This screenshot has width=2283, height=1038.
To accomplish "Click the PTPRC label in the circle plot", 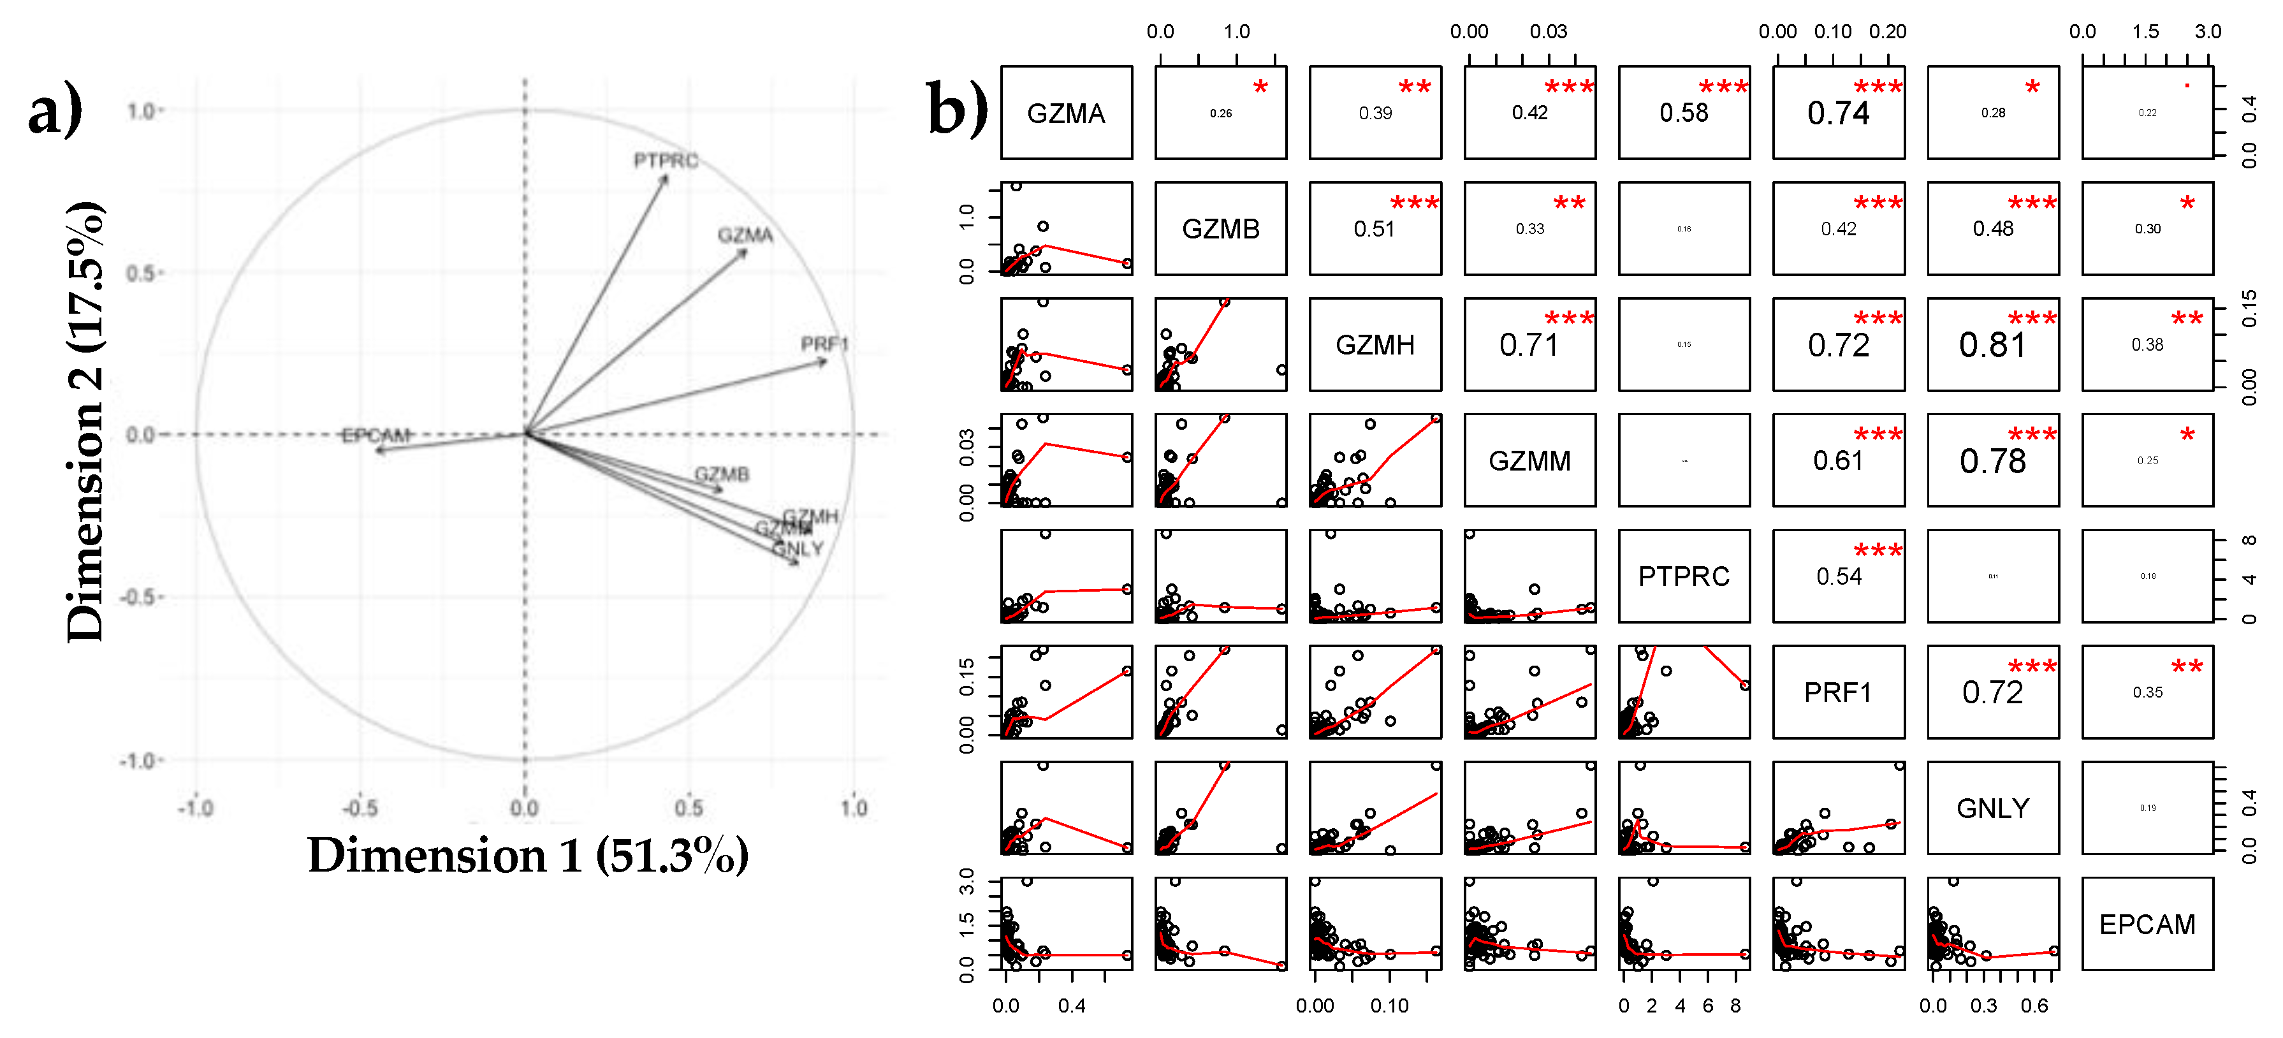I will tap(666, 161).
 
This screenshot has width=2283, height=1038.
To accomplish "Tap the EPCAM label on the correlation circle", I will tap(377, 435).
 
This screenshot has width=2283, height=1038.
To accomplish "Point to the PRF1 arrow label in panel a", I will tap(824, 344).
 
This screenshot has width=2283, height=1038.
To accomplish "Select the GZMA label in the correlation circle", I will tap(745, 235).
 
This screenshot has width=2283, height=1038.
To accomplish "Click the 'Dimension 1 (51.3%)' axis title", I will tap(529, 856).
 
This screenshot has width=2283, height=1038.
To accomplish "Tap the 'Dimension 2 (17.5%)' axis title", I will tap(86, 421).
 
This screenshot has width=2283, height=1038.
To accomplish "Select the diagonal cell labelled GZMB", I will tap(1220, 229).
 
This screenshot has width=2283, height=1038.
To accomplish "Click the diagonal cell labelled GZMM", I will tap(1529, 461).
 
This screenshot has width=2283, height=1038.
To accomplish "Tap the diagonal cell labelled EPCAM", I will tap(2147, 925).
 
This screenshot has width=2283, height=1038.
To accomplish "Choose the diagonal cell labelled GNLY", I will tap(1993, 808).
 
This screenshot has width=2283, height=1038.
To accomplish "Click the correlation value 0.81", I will tap(1993, 345).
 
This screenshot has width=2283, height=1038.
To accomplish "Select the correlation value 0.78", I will tap(1993, 461).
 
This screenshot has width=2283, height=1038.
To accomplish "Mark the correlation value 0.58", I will tap(1684, 113).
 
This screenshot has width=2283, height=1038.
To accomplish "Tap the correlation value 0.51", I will tap(1374, 229).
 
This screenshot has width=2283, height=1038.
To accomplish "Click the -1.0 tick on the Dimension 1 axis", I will tap(195, 808).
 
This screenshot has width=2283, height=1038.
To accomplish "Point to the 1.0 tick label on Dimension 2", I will tap(141, 111).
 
